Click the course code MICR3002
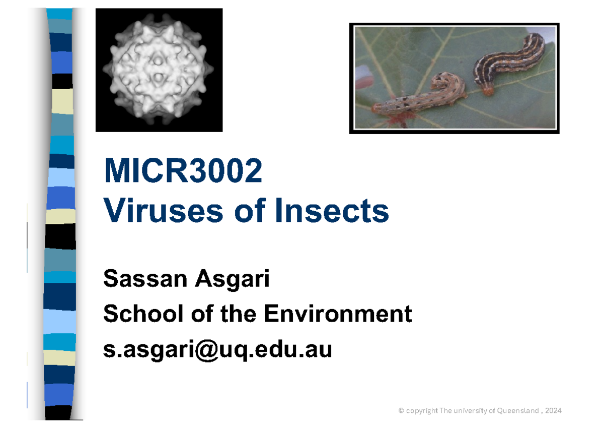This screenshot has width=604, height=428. [x=183, y=171]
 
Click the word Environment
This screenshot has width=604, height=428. [x=338, y=314]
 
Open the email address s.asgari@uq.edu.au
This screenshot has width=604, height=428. [x=217, y=350]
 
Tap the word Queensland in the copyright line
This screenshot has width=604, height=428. [x=518, y=411]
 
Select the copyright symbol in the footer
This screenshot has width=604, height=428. [x=401, y=411]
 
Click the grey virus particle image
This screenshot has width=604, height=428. [x=159, y=70]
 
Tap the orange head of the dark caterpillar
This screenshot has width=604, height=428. [x=487, y=91]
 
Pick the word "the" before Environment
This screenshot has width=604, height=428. [x=239, y=314]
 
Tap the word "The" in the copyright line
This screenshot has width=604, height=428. [x=446, y=411]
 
